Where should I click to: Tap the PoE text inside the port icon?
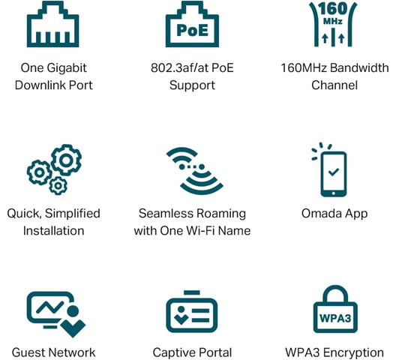coord(193,30)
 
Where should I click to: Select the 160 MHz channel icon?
coord(333,24)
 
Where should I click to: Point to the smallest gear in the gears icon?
coord(58,186)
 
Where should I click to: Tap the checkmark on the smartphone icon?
coord(333,172)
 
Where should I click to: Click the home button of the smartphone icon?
coord(333,193)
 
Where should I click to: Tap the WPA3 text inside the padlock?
coord(335,318)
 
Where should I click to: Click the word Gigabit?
coord(67,68)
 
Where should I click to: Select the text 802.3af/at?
coord(179,67)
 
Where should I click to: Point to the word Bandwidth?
coord(359,67)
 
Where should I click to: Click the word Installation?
coord(53,231)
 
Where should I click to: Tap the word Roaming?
coord(221,214)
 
